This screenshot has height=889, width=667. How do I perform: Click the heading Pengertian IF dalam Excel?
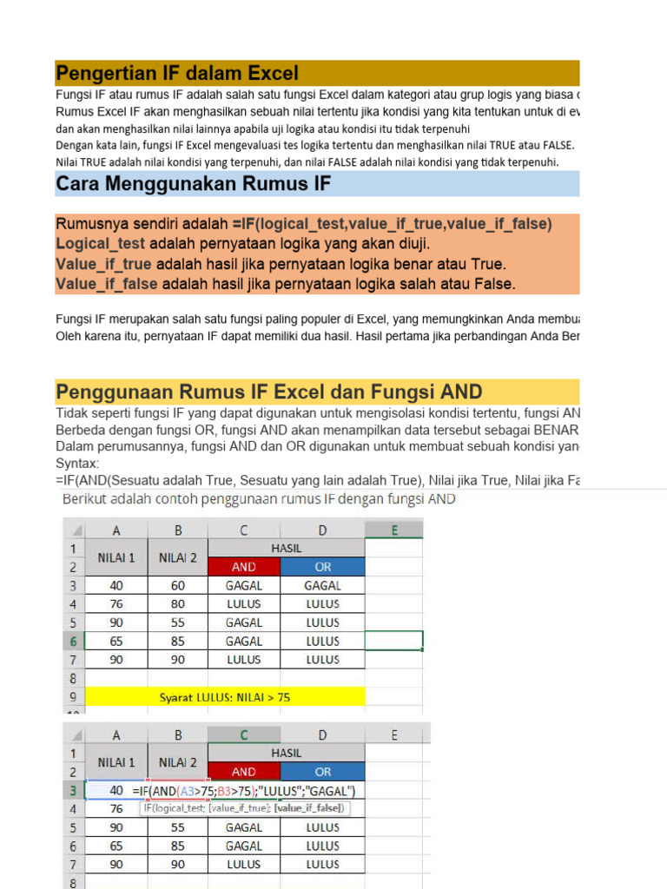coord(177,73)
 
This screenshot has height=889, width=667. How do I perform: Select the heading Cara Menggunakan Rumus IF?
coord(193,184)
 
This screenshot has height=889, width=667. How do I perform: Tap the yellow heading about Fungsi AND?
coord(269,392)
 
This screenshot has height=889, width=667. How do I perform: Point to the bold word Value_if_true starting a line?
coord(104,264)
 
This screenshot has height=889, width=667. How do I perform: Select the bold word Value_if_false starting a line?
coord(107,284)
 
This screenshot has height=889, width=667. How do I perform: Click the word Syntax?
coord(77,464)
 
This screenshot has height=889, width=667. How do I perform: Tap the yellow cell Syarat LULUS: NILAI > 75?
coord(225,697)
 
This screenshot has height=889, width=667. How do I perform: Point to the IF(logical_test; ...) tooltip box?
coord(243,808)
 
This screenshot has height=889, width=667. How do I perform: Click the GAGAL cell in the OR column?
coord(323,586)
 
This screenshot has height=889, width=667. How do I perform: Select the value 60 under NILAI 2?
coord(178,586)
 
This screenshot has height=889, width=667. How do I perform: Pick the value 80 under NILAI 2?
coord(178,604)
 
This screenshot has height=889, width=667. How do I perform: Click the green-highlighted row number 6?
coord(73,642)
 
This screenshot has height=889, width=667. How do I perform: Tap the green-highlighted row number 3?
coord(73,791)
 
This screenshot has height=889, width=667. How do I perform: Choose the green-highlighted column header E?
coord(394,529)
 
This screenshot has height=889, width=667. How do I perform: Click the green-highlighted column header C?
coord(244,734)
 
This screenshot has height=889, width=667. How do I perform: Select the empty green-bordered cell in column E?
coord(394,642)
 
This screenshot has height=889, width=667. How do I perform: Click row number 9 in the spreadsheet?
coord(73,697)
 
